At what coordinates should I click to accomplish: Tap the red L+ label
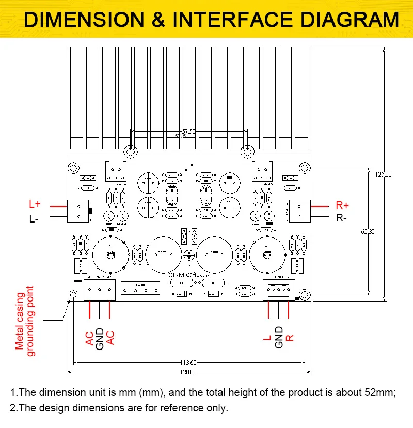(x=35, y=204)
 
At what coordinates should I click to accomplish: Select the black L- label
(x=34, y=218)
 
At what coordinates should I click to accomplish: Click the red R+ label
(x=343, y=205)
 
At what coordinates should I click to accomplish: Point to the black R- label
(x=342, y=218)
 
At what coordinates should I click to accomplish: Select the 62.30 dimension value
(x=368, y=232)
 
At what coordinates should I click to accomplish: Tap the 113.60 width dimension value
(x=189, y=362)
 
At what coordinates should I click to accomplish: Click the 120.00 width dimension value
(x=189, y=372)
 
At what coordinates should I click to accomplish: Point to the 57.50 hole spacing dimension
(x=188, y=132)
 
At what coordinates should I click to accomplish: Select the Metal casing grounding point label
(x=25, y=321)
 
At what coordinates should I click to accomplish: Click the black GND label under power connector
(x=100, y=338)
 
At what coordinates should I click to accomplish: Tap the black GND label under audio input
(x=279, y=337)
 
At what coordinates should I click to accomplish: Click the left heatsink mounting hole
(x=131, y=152)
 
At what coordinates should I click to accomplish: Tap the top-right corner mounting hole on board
(x=305, y=168)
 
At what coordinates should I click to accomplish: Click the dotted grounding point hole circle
(x=73, y=294)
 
